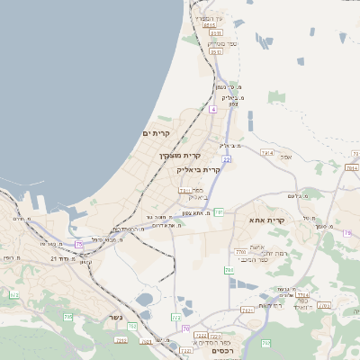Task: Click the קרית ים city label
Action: click(x=156, y=133)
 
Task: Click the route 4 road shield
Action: click(x=213, y=109)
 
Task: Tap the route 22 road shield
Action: click(x=227, y=159)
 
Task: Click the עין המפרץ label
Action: click(x=209, y=18)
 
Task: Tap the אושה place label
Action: click(x=256, y=245)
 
